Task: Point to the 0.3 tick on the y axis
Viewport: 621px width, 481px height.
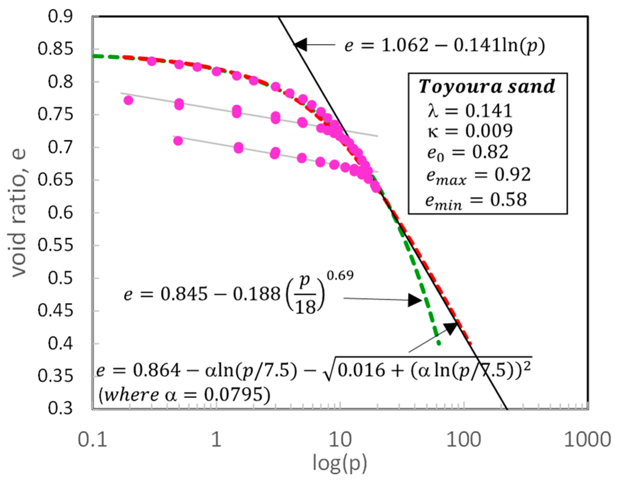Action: pos(60,408)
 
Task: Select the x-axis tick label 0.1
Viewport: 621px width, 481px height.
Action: pos(92,439)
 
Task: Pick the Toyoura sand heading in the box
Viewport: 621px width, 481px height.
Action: pos(487,86)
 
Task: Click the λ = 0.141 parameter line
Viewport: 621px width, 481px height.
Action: pos(470,111)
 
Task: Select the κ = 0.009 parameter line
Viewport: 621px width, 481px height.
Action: pos(470,131)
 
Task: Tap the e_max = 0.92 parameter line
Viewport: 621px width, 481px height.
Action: pos(478,175)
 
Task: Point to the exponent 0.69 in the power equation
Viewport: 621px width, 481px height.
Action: pos(340,275)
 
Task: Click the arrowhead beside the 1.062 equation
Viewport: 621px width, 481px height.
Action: pos(300,45)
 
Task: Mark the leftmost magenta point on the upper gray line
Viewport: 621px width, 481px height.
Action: pos(128,100)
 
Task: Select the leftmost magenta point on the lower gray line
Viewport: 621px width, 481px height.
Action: pos(178,141)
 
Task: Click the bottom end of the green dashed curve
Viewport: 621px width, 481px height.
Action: pos(439,344)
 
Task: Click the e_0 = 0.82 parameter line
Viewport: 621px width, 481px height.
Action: pos(468,152)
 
